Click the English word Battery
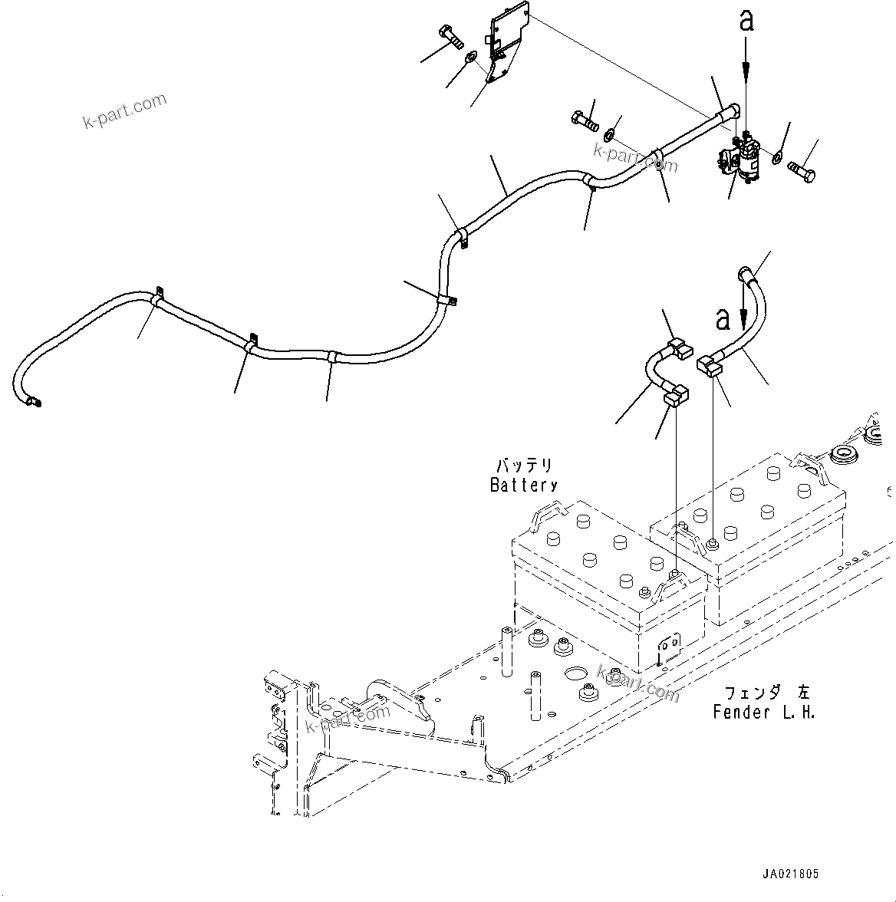coord(523,485)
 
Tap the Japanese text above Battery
coord(524,466)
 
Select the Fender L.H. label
coord(763,712)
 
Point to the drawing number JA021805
coord(789,874)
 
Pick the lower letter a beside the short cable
coord(722,318)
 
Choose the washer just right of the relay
coord(776,157)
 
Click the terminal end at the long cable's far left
coord(33,400)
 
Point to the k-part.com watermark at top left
coord(124,111)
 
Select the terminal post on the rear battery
coord(713,544)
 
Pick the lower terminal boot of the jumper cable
coord(676,397)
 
